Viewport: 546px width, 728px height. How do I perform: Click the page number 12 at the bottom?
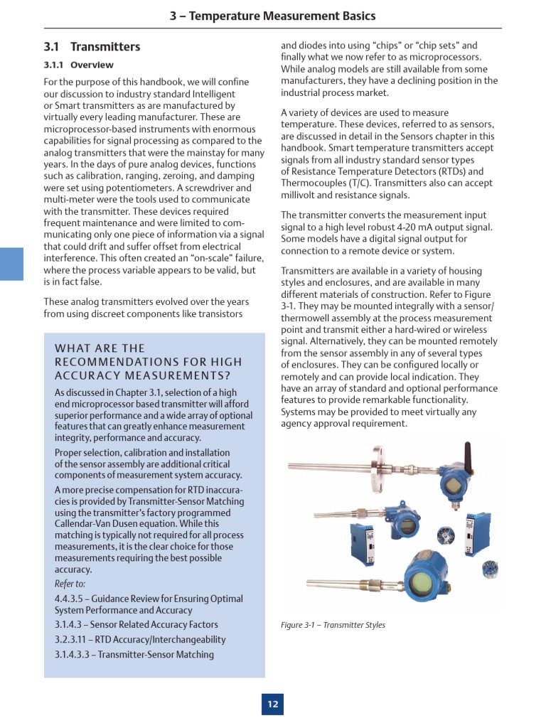[272, 705]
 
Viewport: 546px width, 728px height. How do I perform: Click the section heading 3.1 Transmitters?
[92, 47]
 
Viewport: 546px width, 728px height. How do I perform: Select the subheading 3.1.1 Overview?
[73, 65]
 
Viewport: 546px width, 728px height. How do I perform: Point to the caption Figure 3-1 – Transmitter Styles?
[333, 625]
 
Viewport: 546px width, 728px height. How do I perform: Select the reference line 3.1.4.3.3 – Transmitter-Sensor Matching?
[134, 654]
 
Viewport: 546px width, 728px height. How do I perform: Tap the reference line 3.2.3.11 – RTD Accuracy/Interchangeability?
[140, 639]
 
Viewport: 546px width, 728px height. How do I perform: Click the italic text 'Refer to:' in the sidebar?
[70, 584]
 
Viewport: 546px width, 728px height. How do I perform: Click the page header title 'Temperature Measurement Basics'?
[282, 16]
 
